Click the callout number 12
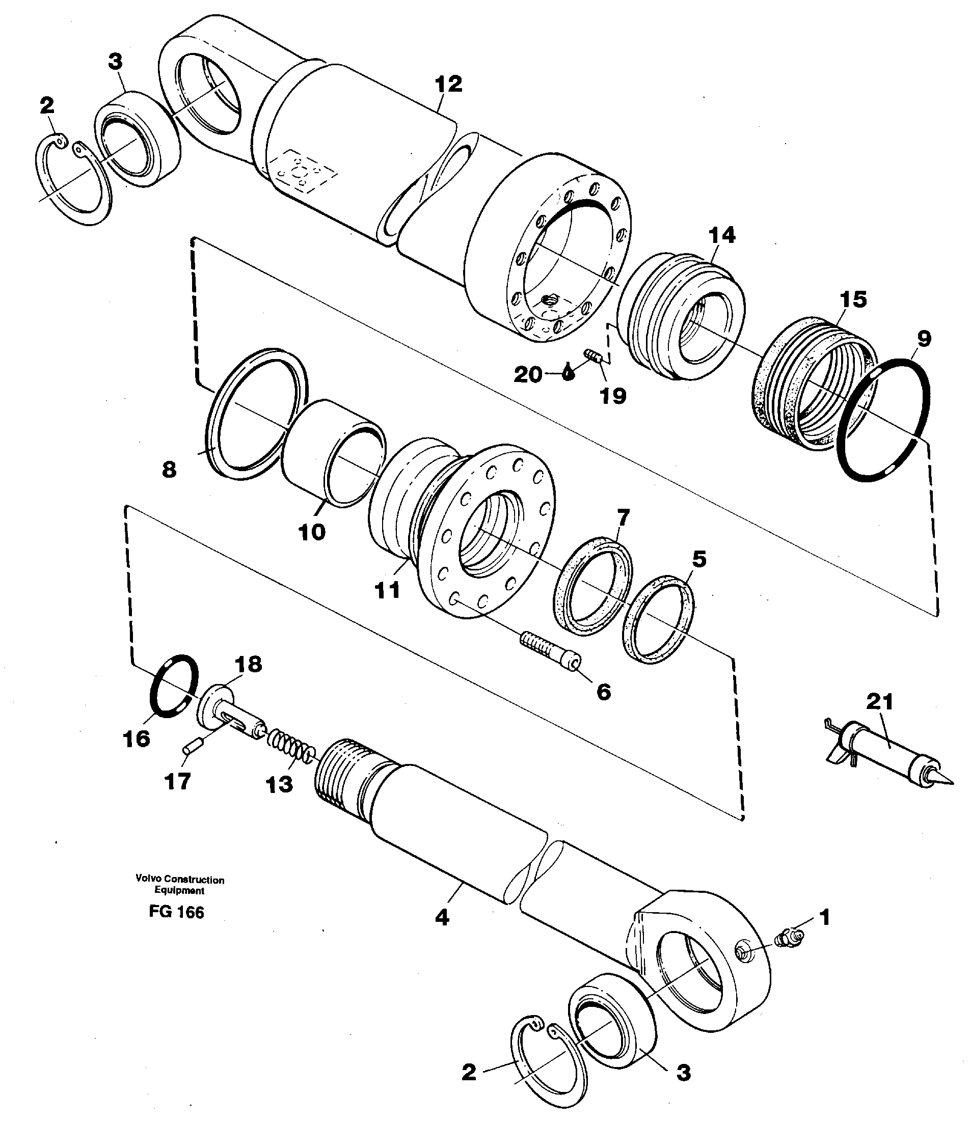pos(448,85)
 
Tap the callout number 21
pos(879,702)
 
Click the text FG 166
pos(177,913)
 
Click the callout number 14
pos(722,236)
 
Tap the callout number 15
pos(853,299)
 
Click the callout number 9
pos(924,339)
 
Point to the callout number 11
pos(387,590)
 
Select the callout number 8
pos(170,470)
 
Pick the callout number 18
pos(248,664)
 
